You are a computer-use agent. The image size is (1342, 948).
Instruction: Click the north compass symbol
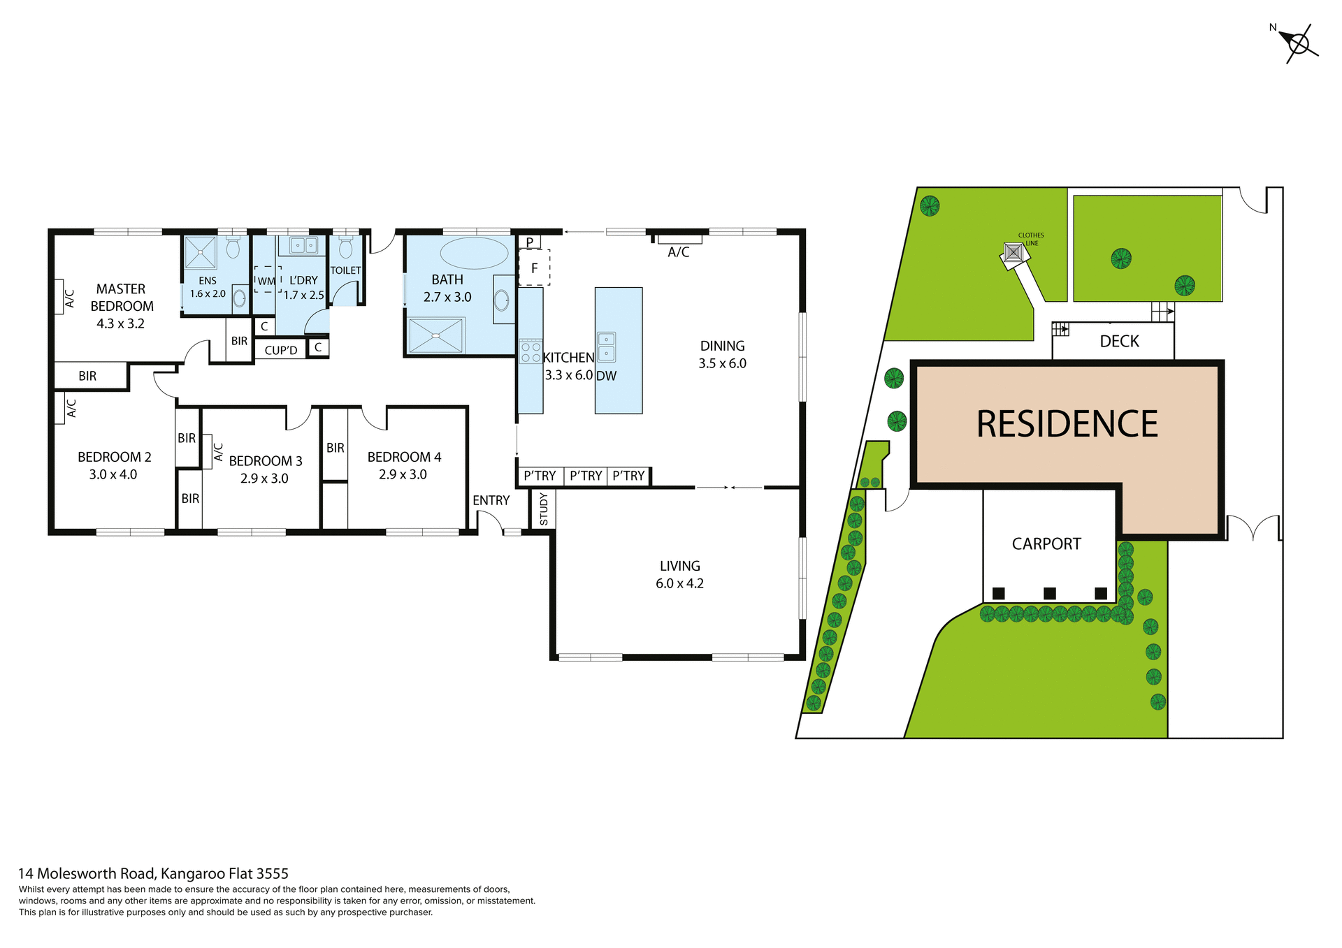click(1298, 44)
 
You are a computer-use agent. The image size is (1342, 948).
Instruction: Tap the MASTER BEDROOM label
click(122, 298)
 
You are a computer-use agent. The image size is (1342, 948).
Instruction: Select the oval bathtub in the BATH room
click(475, 253)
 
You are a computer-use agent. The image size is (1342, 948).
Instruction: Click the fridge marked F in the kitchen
click(534, 268)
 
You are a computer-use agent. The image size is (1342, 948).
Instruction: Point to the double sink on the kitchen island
click(606, 347)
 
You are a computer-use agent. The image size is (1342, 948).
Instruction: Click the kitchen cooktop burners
click(531, 351)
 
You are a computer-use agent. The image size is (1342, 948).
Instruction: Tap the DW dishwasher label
click(606, 376)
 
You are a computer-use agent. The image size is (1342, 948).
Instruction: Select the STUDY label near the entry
click(544, 509)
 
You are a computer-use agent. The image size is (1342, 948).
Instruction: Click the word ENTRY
click(491, 500)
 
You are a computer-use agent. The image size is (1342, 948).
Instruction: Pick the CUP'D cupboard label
click(281, 350)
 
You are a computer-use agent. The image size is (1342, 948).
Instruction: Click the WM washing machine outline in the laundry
click(267, 279)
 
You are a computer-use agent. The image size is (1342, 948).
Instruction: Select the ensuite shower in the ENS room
click(200, 252)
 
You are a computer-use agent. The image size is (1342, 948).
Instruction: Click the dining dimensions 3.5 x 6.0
click(722, 363)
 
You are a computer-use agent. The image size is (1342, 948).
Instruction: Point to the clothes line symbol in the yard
click(1013, 252)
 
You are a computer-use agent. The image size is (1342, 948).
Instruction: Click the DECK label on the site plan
click(1119, 341)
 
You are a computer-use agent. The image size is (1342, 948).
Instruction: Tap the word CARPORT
click(1046, 544)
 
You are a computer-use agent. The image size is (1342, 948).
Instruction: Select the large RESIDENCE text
click(1067, 424)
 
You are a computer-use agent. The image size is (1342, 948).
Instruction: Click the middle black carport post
click(1049, 593)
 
